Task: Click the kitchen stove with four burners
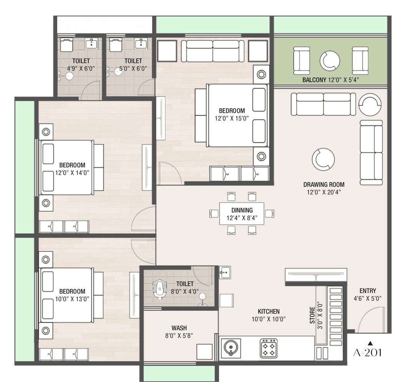coord(269,348)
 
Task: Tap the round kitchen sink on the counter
coord(231,348)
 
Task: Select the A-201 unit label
coord(368,353)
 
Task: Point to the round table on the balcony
coord(330,61)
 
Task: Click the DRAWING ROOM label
coord(324,185)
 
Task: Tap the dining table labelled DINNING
coord(242,214)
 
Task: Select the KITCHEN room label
coord(269,312)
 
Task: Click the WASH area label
coord(179,328)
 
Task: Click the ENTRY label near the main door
coord(368,291)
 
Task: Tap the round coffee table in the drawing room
coord(323,160)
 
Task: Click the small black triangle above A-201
coord(370,343)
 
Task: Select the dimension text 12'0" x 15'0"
coord(232,118)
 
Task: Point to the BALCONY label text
coord(314,80)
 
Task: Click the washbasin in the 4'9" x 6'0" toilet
coord(91,43)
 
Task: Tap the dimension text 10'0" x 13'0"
coord(72,299)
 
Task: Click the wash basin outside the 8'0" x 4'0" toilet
coord(225,272)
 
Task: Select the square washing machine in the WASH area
coord(204,352)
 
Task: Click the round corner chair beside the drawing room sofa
coord(370,105)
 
